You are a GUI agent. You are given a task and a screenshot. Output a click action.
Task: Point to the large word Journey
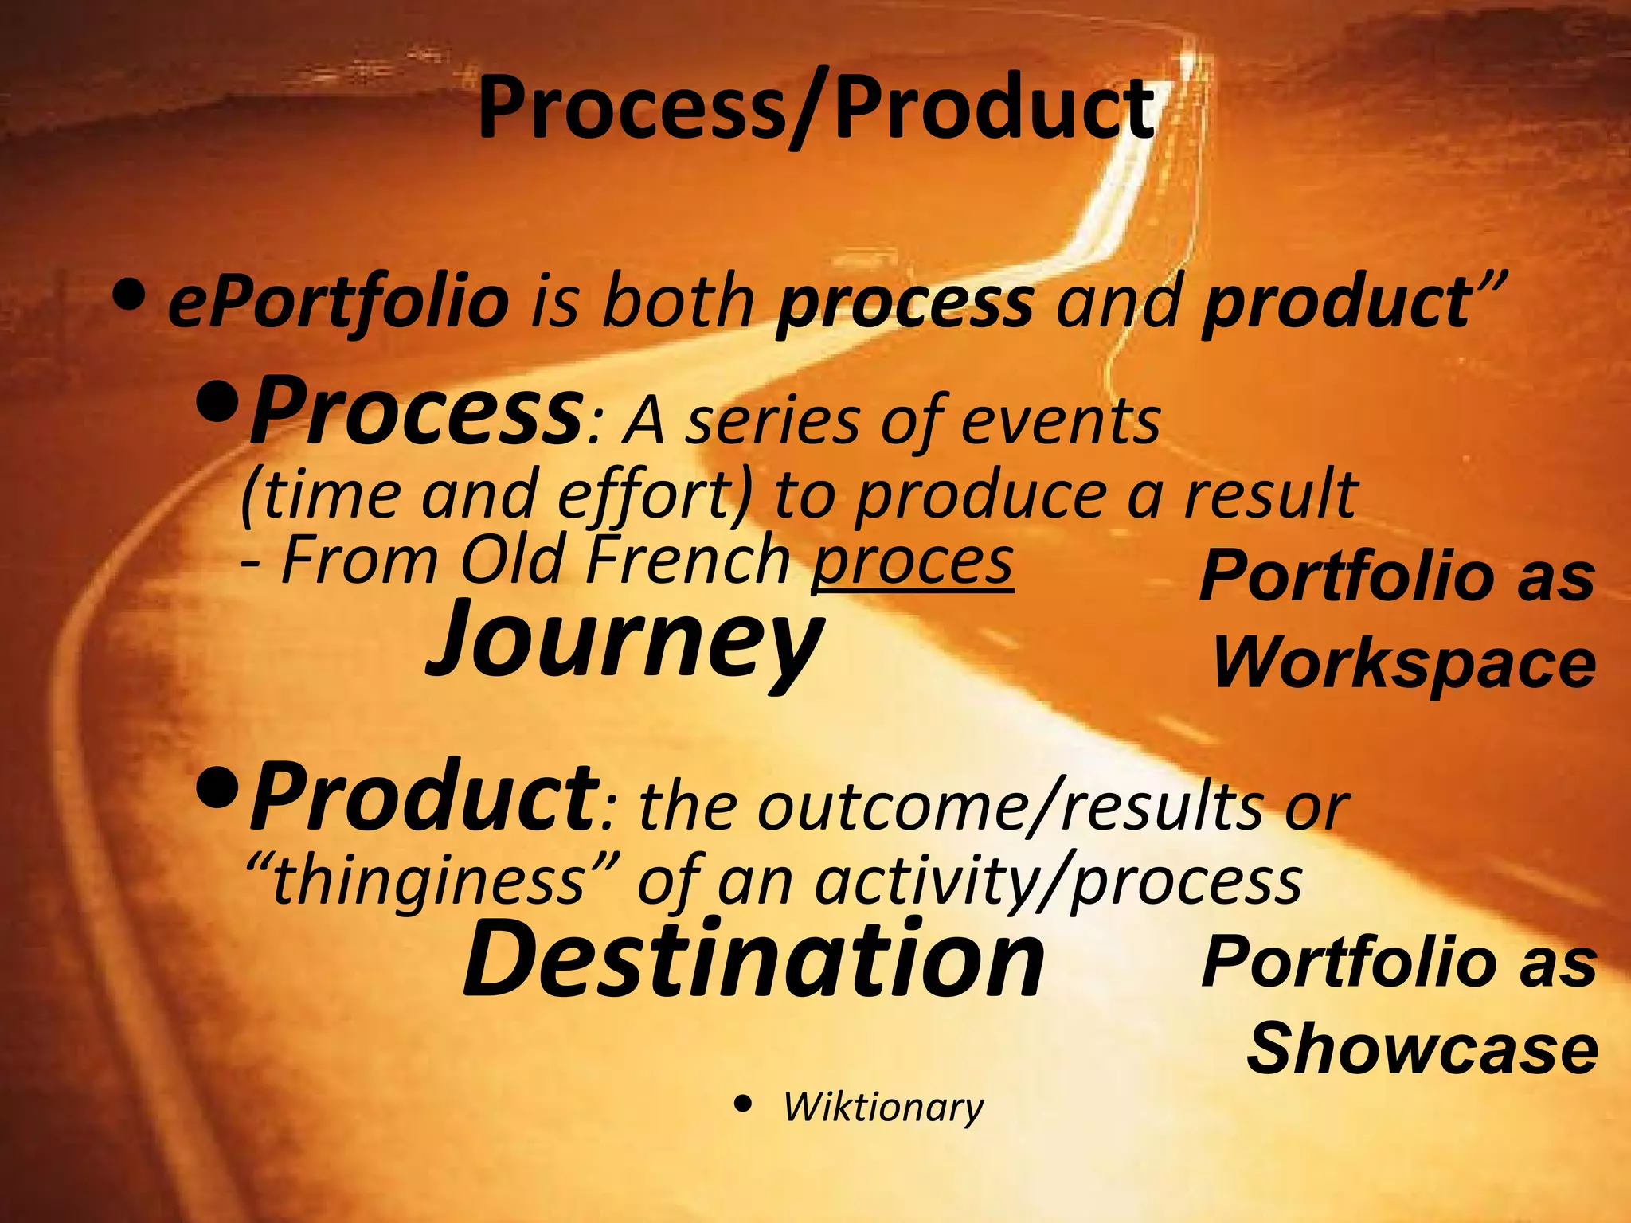pyautogui.click(x=625, y=641)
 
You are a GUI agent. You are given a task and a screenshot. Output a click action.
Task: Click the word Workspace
pyautogui.click(x=1404, y=663)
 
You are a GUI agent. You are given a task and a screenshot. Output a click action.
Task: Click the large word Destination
pyautogui.click(x=753, y=959)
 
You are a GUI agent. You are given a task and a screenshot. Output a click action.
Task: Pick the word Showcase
pyautogui.click(x=1422, y=1049)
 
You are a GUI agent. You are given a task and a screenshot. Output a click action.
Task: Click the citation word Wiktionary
pyautogui.click(x=882, y=1107)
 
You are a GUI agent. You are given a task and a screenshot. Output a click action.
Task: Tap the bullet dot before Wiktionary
pyautogui.click(x=743, y=1104)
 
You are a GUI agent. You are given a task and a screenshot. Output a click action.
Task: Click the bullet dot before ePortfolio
pyautogui.click(x=129, y=295)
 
